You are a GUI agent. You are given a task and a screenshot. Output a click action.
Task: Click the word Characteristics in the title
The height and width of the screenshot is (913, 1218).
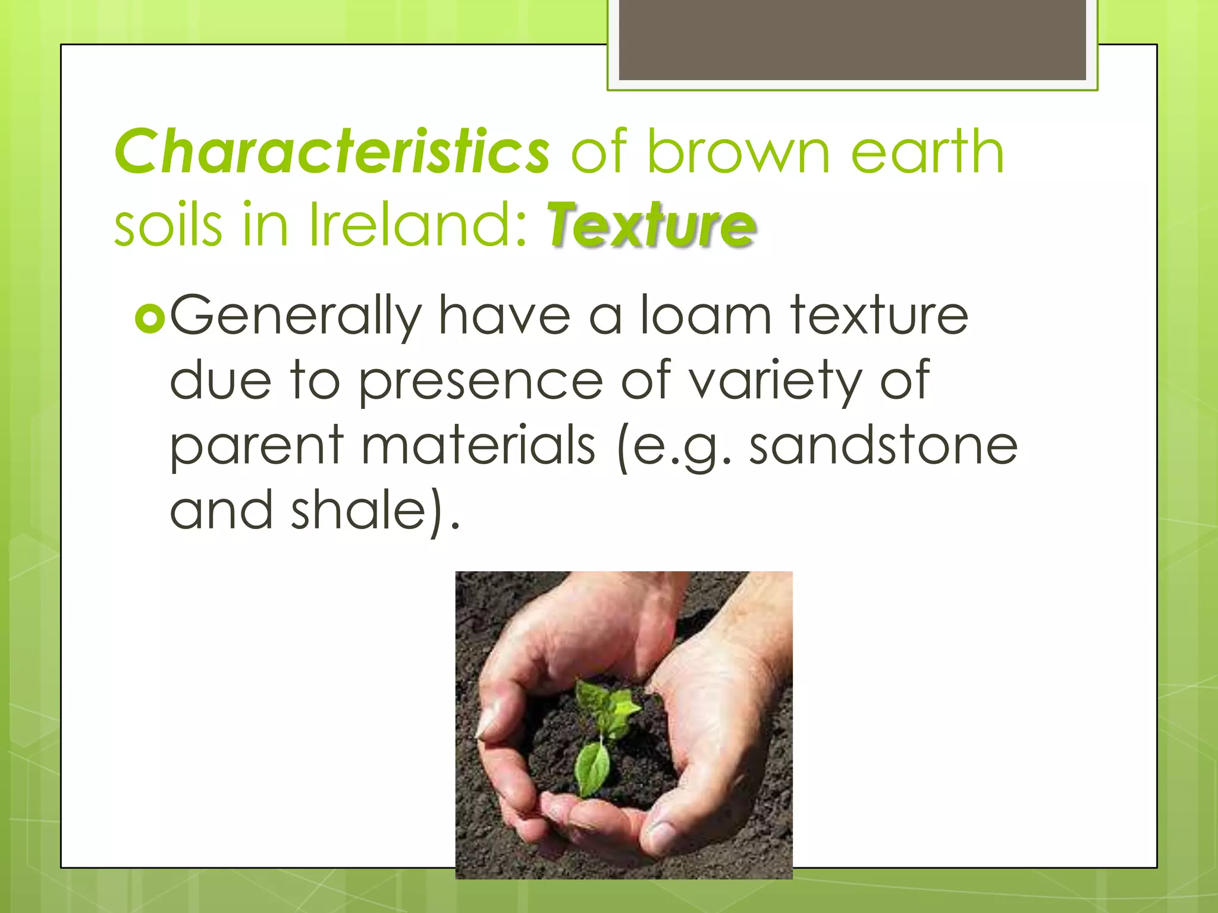332,152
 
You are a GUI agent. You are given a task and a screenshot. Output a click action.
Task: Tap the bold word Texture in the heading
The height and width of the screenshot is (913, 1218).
652,225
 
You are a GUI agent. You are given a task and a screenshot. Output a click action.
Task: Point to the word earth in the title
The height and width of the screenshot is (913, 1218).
927,152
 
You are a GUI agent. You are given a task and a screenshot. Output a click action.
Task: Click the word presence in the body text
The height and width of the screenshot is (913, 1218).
481,382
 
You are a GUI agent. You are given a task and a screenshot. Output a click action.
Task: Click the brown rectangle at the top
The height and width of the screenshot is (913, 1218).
852,40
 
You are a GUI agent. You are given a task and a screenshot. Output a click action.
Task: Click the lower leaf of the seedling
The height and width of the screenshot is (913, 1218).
592,767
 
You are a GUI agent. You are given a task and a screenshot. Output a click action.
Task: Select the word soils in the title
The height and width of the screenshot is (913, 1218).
168,225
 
